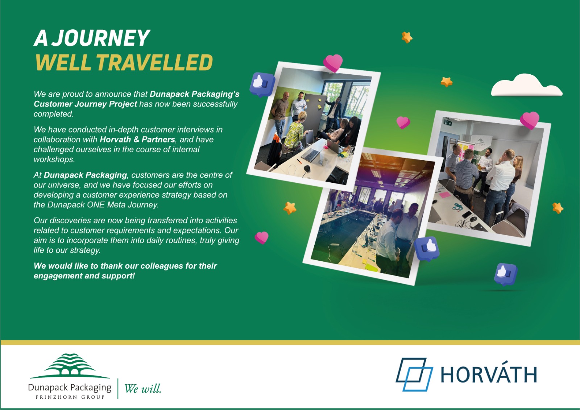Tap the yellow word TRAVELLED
coord(154,62)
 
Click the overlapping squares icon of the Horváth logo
coord(414,374)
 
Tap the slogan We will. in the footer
coord(143,389)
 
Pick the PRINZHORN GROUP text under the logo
coord(70,397)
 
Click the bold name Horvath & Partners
coord(137,140)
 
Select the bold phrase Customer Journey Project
coord(85,104)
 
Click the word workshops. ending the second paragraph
coord(54,160)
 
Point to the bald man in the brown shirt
coord(279,111)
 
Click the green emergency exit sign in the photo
coord(448,122)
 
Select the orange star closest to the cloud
coord(446,82)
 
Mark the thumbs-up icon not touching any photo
coord(505,274)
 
